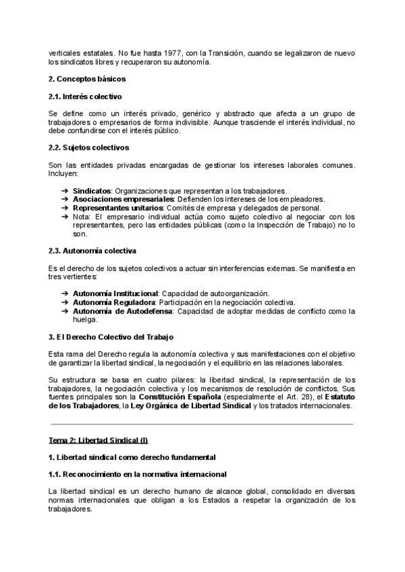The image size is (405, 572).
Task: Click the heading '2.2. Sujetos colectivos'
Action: coord(89,147)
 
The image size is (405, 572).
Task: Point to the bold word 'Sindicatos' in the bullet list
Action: coord(92,191)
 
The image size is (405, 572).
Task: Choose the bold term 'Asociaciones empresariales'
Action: coord(124,199)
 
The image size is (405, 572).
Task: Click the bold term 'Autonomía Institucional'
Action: coord(115,293)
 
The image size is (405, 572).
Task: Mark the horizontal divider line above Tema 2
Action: coord(202,424)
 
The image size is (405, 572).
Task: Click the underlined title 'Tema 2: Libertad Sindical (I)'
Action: coord(98,441)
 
